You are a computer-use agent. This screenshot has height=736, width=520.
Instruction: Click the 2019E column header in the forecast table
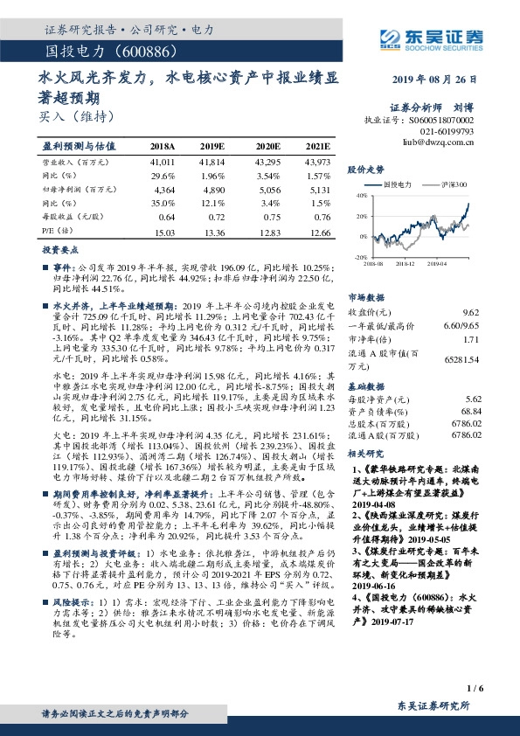click(x=211, y=147)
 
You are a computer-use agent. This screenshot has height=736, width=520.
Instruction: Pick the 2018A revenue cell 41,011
click(x=163, y=163)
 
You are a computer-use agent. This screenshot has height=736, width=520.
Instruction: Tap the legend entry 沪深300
click(x=453, y=185)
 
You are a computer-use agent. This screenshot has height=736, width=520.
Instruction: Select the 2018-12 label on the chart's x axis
click(x=404, y=262)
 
